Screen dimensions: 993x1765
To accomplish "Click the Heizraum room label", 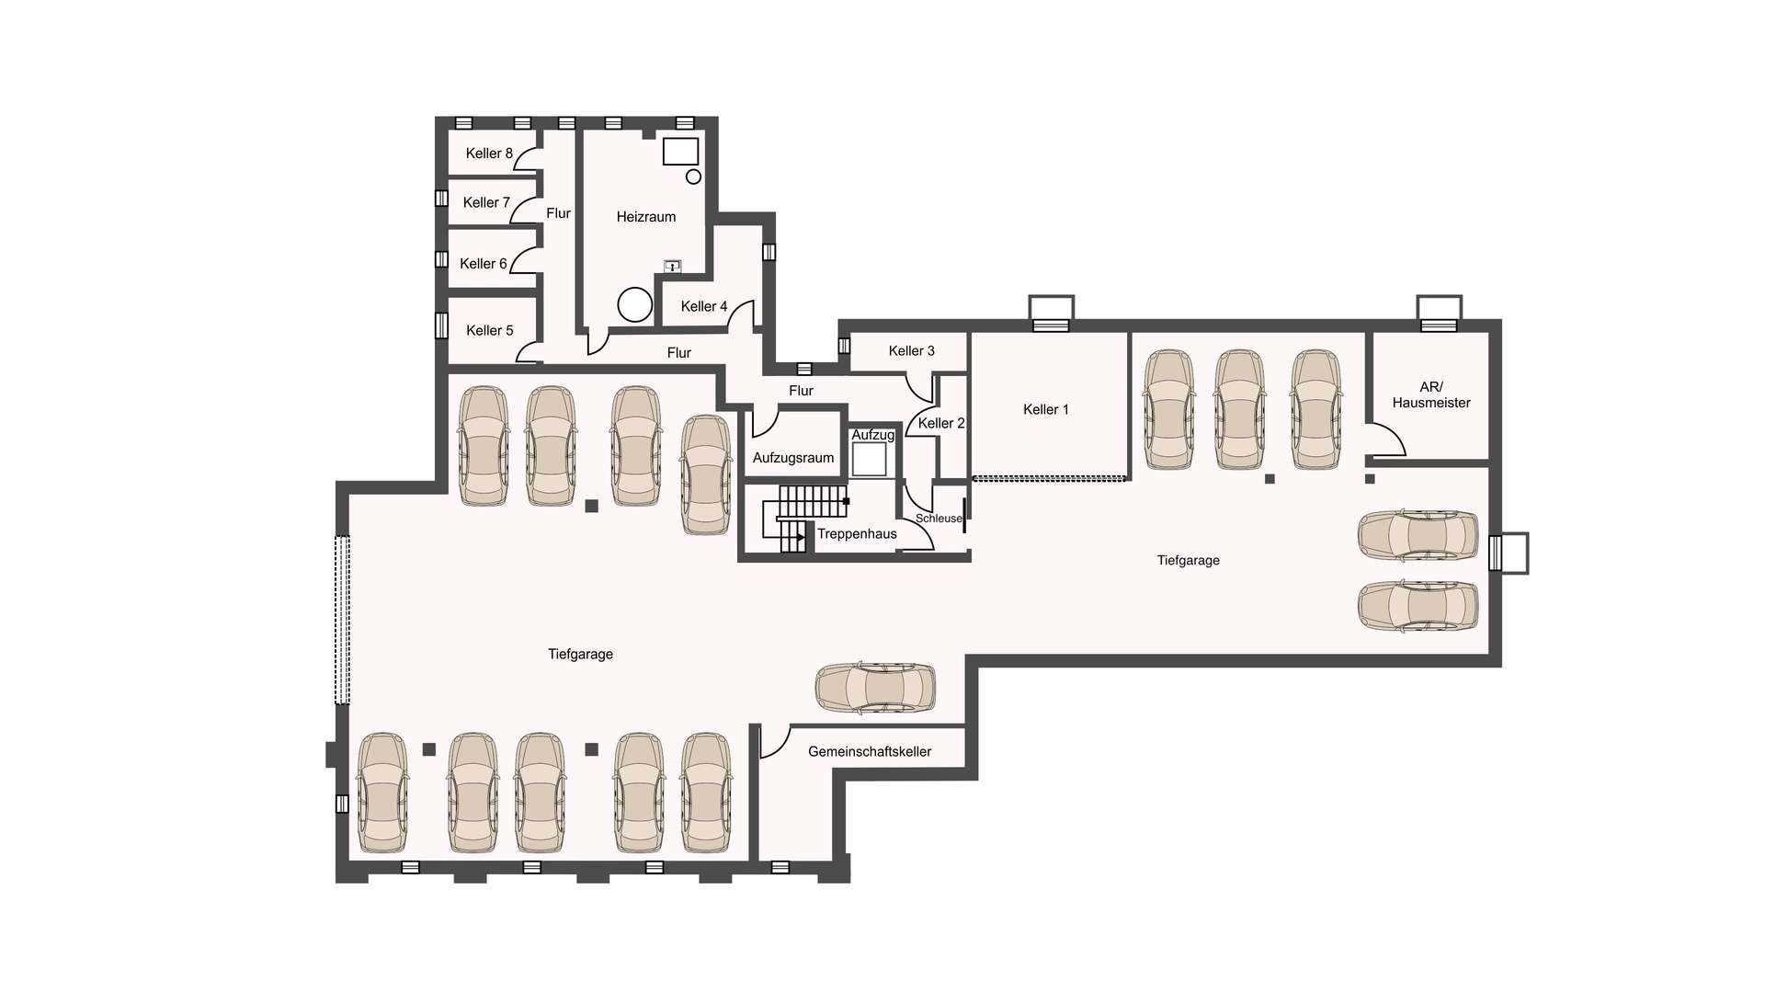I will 645,217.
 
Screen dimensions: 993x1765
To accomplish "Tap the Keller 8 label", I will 488,154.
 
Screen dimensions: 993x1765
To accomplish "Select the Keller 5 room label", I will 489,330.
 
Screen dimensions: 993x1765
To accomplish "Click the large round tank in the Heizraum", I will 634,304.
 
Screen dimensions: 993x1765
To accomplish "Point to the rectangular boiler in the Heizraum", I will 680,152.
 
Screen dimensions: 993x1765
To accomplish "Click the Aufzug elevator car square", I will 869,459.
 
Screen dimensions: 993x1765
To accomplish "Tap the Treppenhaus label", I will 857,534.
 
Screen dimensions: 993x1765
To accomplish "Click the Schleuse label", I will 939,519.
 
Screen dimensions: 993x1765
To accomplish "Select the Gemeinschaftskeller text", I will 870,752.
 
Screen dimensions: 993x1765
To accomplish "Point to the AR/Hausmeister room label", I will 1430,395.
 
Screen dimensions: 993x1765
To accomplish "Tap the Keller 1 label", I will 1045,410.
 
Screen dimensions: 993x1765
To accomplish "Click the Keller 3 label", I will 911,351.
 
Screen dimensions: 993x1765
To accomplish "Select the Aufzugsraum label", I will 793,458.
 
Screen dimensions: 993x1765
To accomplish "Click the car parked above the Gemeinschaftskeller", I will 875,688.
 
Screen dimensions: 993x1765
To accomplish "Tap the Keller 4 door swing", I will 742,316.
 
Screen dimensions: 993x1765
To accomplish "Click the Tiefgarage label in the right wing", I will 1188,561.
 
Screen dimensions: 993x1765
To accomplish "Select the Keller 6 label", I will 483,264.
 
